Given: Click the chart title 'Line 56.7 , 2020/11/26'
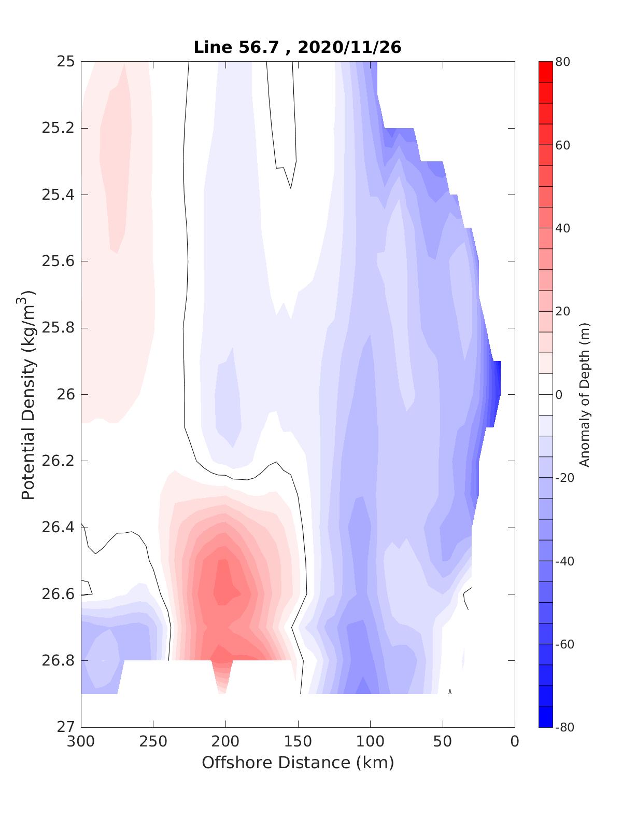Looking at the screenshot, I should click(297, 48).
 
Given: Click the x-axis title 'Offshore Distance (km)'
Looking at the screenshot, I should click(298, 763).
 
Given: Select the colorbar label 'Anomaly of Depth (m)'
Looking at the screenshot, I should click(584, 394).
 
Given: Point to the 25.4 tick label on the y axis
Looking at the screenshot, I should click(58, 195).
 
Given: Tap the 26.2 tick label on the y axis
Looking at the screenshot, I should click(58, 461).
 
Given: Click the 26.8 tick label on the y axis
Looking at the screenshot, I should click(58, 661).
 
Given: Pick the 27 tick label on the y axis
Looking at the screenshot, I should click(66, 727).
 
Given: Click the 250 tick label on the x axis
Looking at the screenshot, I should click(153, 742).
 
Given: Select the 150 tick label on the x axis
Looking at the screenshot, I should click(298, 742).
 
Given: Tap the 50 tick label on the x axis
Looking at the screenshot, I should click(443, 742).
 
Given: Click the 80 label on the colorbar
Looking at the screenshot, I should click(562, 62).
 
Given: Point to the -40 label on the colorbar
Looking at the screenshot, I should click(564, 561).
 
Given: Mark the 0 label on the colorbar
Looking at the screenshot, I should click(559, 395).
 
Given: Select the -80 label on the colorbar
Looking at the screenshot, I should click(564, 727).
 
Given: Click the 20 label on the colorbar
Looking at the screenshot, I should click(562, 311).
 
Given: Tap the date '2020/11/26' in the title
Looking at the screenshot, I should click(350, 48).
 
